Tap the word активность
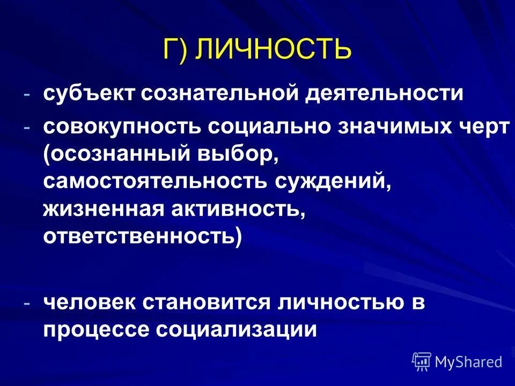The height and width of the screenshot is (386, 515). coord(237,207)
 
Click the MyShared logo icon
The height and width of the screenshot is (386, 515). coord(422,361)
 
